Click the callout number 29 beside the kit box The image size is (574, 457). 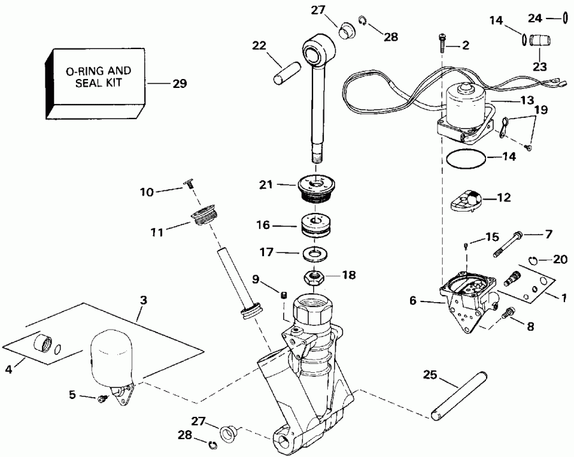pos(180,83)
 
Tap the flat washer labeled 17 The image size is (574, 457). pos(314,254)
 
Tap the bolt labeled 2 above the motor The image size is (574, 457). pos(442,43)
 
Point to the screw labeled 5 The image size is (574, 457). pos(101,399)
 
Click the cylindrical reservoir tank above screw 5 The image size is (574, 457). pos(110,360)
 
